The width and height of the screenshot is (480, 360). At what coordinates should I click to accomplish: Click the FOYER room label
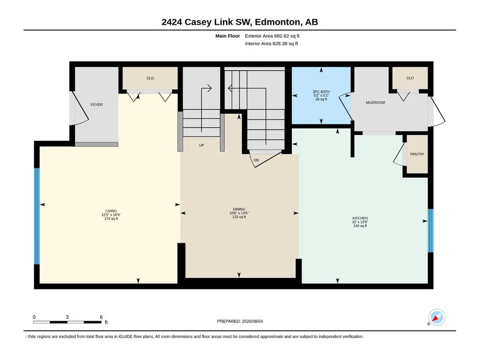pos(96,105)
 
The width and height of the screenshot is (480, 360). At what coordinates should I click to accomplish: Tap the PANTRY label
pos(417,154)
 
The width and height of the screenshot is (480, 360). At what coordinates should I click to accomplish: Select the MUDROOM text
pos(375,103)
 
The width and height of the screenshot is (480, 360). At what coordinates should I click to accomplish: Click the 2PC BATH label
pos(321,92)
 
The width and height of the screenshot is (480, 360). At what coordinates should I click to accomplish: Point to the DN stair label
pos(256,160)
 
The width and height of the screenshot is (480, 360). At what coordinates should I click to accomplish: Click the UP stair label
pos(201,146)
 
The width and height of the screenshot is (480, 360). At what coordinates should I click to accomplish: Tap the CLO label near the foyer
pos(150,78)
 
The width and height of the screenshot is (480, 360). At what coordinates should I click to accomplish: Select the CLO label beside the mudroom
pos(410,78)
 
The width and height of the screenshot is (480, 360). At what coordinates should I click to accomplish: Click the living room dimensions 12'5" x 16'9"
pos(111,215)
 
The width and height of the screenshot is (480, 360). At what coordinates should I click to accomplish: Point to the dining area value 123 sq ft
pos(239,217)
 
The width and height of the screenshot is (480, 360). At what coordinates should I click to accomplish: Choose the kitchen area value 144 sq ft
pos(360,226)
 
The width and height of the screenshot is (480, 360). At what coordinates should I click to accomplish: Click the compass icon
pos(436,317)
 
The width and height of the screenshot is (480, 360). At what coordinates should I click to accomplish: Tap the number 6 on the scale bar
pos(101,317)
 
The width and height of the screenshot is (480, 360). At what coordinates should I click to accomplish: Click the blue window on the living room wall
pos(37,216)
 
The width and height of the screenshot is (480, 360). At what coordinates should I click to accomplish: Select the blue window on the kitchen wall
pos(430,230)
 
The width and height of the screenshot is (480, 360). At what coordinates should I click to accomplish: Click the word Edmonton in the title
pos(277,22)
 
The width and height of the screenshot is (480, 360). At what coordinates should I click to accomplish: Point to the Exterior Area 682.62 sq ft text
pos(272,36)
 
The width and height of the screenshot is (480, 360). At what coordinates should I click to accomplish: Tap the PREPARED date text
pos(240,322)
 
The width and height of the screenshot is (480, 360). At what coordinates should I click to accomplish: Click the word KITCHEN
pos(360,218)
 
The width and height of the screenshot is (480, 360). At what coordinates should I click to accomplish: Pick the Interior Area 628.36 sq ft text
pos(271,44)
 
